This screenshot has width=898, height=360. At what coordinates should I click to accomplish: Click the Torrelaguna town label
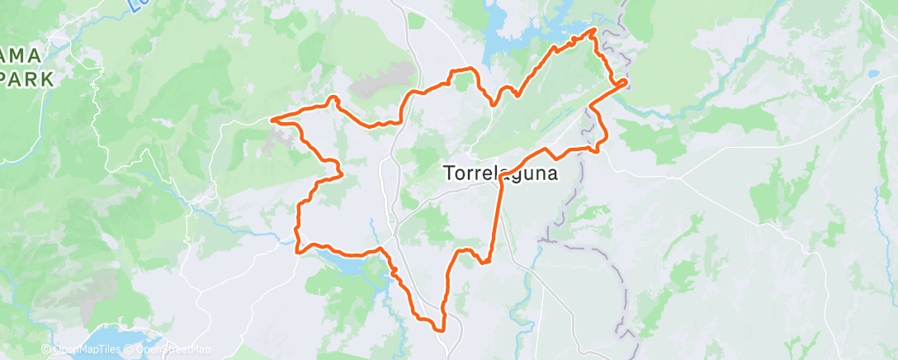coord(500,174)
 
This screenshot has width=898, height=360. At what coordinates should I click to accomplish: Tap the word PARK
coord(27,80)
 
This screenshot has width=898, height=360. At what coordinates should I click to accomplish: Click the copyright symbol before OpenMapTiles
coord(45,350)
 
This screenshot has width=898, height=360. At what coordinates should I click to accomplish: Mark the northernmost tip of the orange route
coord(593,31)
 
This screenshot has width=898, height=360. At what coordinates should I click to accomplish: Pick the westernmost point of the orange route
coord(272,120)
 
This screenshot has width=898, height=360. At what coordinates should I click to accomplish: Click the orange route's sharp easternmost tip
coord(625,81)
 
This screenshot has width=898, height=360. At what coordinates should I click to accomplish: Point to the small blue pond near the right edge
coord(873,73)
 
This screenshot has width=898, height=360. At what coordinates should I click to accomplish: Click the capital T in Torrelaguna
coord(450,174)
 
